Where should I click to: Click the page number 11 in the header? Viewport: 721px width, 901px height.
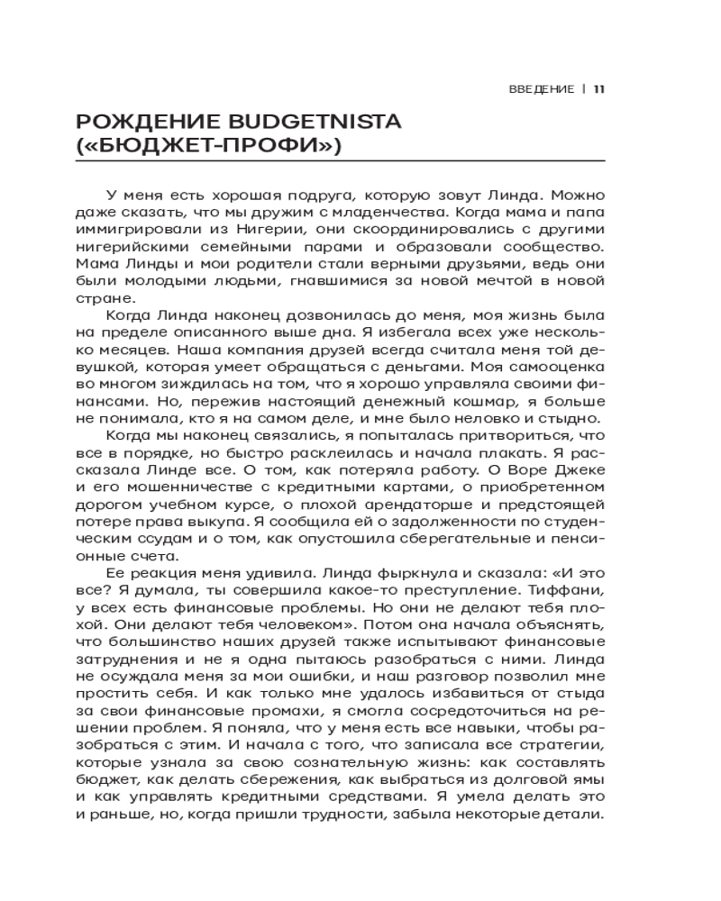tap(599, 88)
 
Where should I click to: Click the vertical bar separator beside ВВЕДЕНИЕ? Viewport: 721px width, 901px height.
tap(584, 88)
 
